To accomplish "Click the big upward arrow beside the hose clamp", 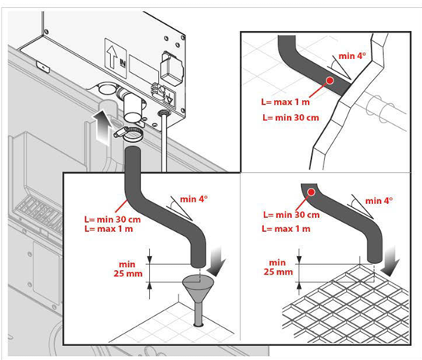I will click(100, 125).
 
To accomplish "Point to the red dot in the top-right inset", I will click(330, 80).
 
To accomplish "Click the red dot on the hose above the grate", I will click(310, 192).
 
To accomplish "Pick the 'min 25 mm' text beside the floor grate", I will click(278, 268).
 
